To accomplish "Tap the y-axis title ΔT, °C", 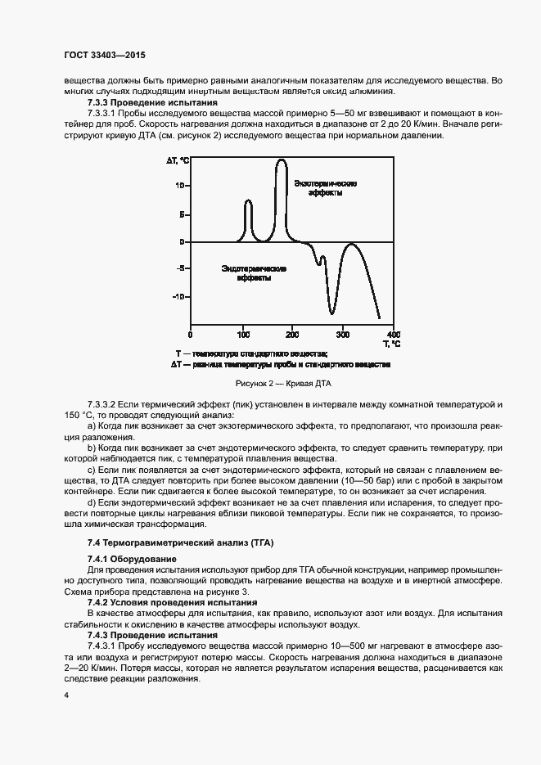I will (178, 161).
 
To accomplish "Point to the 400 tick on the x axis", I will (393, 334).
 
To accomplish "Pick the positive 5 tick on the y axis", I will (183, 214).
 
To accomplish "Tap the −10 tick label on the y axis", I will (179, 297).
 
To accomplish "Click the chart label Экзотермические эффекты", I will (326, 188).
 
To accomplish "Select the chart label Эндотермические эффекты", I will (255, 272).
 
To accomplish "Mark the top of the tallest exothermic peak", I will (281, 160).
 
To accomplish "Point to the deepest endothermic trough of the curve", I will (331, 313).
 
